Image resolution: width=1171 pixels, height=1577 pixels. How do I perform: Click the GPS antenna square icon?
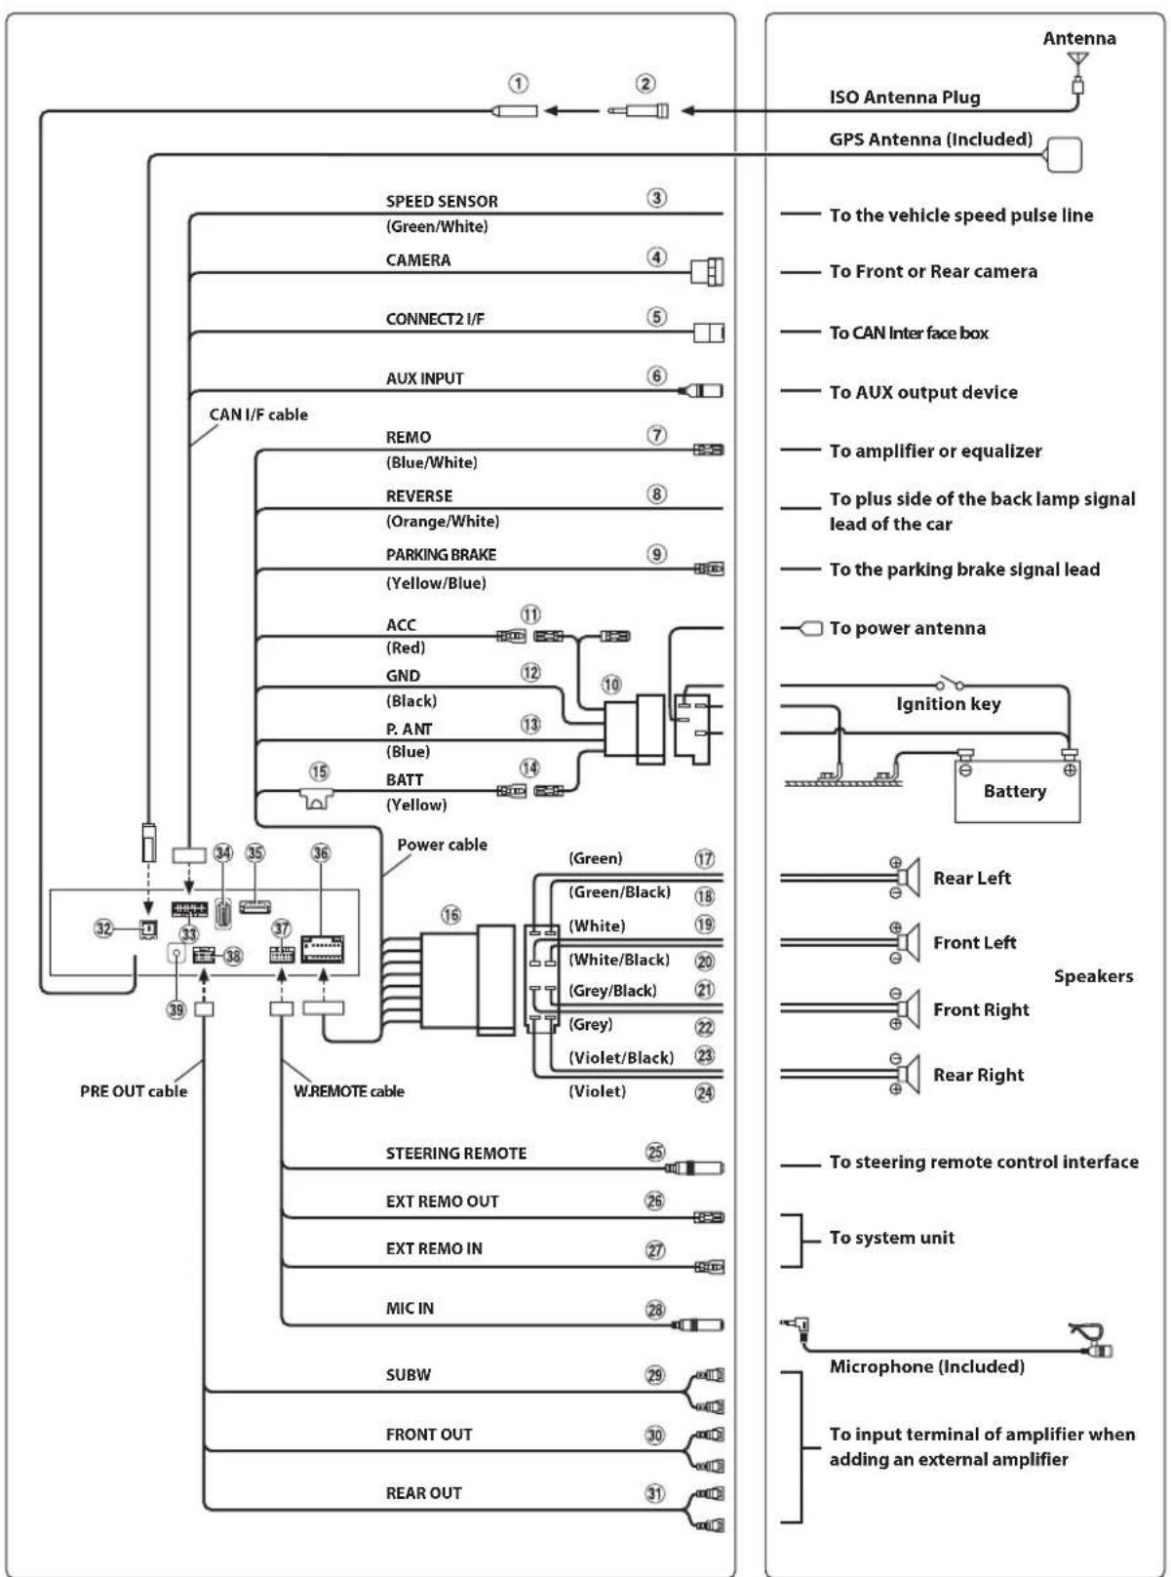click(x=1065, y=154)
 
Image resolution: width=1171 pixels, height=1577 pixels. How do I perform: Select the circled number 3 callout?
click(x=656, y=198)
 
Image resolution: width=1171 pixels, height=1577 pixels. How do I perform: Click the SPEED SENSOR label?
click(x=442, y=201)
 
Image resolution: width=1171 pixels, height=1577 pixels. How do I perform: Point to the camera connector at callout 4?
click(x=708, y=271)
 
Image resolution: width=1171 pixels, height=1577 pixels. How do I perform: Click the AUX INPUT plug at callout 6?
click(x=701, y=390)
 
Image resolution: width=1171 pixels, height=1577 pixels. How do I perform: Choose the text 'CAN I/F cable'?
click(x=258, y=414)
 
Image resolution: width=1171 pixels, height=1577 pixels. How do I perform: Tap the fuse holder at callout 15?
click(x=317, y=798)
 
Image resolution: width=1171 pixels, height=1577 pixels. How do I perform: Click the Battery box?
click(x=1017, y=791)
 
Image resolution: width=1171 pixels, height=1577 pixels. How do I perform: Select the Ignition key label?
click(x=948, y=704)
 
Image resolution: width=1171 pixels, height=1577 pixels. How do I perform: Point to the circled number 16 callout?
click(x=450, y=915)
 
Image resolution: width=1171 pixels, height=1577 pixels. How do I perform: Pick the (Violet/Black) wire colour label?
click(x=621, y=1057)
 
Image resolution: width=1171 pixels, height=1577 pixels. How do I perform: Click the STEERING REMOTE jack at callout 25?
click(x=694, y=1167)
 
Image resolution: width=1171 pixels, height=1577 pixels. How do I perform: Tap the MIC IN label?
click(x=410, y=1308)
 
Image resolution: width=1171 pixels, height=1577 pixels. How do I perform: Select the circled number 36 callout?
click(x=321, y=853)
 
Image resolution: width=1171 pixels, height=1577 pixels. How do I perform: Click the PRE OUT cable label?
click(x=134, y=1090)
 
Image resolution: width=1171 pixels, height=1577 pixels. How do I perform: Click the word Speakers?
click(x=1094, y=976)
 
